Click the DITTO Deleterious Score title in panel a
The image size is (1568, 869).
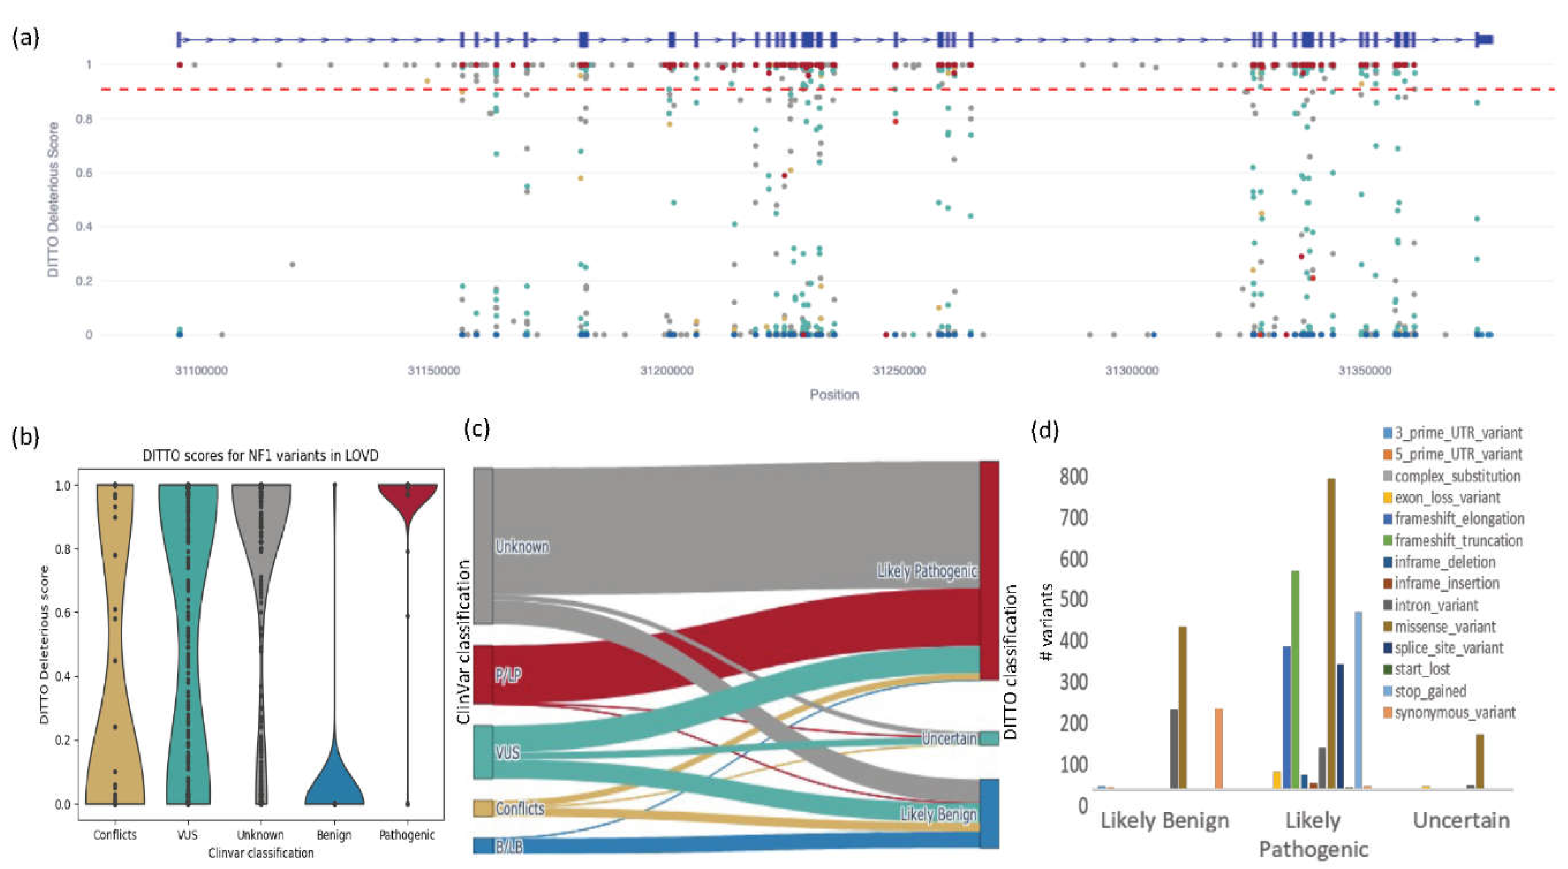54,200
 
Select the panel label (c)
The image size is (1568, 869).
477,429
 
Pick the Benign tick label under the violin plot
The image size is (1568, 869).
334,835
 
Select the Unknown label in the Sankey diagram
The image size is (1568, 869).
522,546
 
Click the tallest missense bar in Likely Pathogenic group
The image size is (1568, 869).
1331,633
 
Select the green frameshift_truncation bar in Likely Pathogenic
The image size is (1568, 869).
1295,679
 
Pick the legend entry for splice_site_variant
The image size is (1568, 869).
1448,648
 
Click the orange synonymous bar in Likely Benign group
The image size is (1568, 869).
1219,749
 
